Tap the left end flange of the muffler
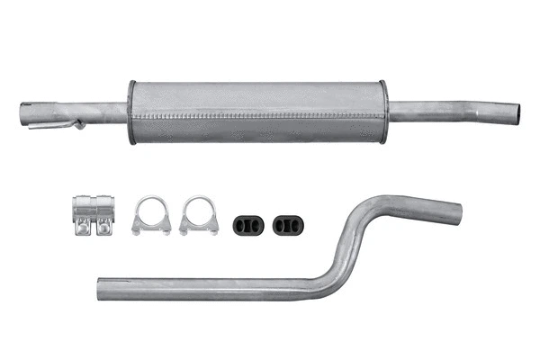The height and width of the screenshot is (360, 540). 132,112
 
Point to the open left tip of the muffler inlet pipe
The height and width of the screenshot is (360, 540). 24,114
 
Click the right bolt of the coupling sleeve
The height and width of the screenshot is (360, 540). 104,229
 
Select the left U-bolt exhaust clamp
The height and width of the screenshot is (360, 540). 151,216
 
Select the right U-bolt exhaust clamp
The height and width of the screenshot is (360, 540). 198,216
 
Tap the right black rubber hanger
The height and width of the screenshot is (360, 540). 286,224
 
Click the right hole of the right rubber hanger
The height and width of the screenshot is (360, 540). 292,224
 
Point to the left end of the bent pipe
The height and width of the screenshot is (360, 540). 101,290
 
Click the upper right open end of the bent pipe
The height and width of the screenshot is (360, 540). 457,212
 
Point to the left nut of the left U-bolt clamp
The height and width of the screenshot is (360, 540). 138,229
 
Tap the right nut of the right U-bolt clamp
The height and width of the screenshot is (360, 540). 212,229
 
